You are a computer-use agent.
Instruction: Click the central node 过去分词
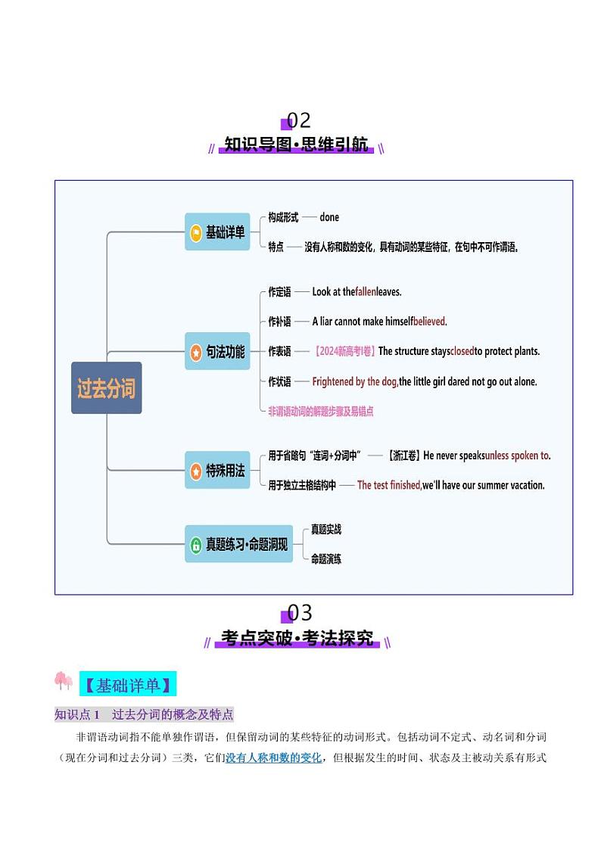107,388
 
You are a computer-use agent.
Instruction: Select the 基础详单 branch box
217,232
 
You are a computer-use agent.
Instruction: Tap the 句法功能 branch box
217,351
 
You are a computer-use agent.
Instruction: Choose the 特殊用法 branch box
217,471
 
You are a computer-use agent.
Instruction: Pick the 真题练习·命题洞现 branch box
239,544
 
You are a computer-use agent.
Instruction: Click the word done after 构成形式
329,217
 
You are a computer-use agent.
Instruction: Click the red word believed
429,321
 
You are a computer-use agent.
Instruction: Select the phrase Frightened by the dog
355,381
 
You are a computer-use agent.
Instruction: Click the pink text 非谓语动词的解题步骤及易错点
321,411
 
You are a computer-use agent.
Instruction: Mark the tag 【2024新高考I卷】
344,351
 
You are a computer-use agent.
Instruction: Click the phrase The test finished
389,485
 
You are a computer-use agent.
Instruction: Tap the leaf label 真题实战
326,530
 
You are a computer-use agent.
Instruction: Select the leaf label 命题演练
326,559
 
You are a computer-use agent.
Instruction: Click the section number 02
299,120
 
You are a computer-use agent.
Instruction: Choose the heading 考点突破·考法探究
297,639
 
